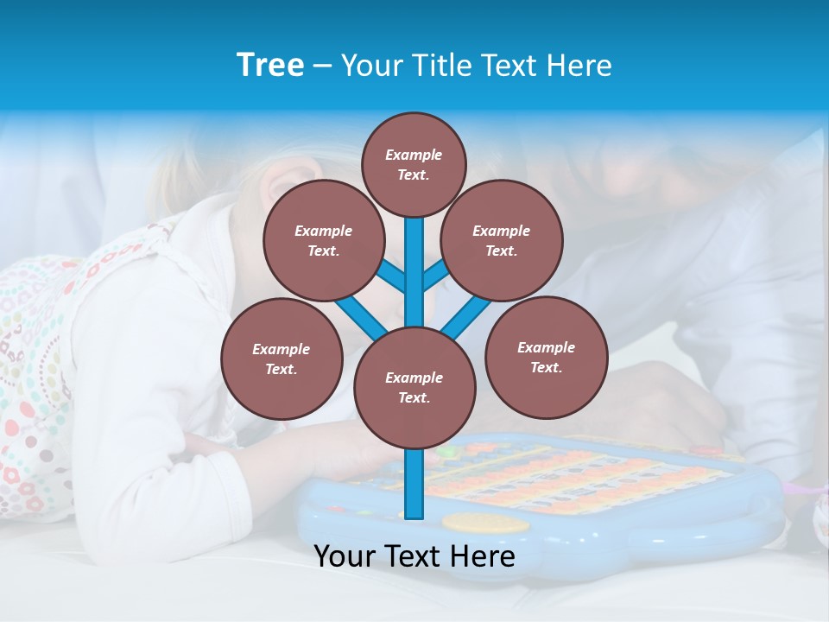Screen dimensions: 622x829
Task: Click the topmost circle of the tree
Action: point(414,164)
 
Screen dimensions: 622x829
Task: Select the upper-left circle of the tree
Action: point(323,241)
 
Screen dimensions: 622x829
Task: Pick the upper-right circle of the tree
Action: point(501,241)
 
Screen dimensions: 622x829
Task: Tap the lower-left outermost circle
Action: point(281,359)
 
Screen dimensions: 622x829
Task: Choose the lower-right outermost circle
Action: point(546,358)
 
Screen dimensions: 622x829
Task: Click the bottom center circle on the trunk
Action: point(414,388)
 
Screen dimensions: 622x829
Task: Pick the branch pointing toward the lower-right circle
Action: point(468,314)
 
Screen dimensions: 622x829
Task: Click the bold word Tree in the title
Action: point(270,65)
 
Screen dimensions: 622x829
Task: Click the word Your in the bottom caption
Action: point(345,556)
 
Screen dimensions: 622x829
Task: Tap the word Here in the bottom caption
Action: point(483,556)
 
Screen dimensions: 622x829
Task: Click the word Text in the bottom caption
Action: point(414,556)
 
